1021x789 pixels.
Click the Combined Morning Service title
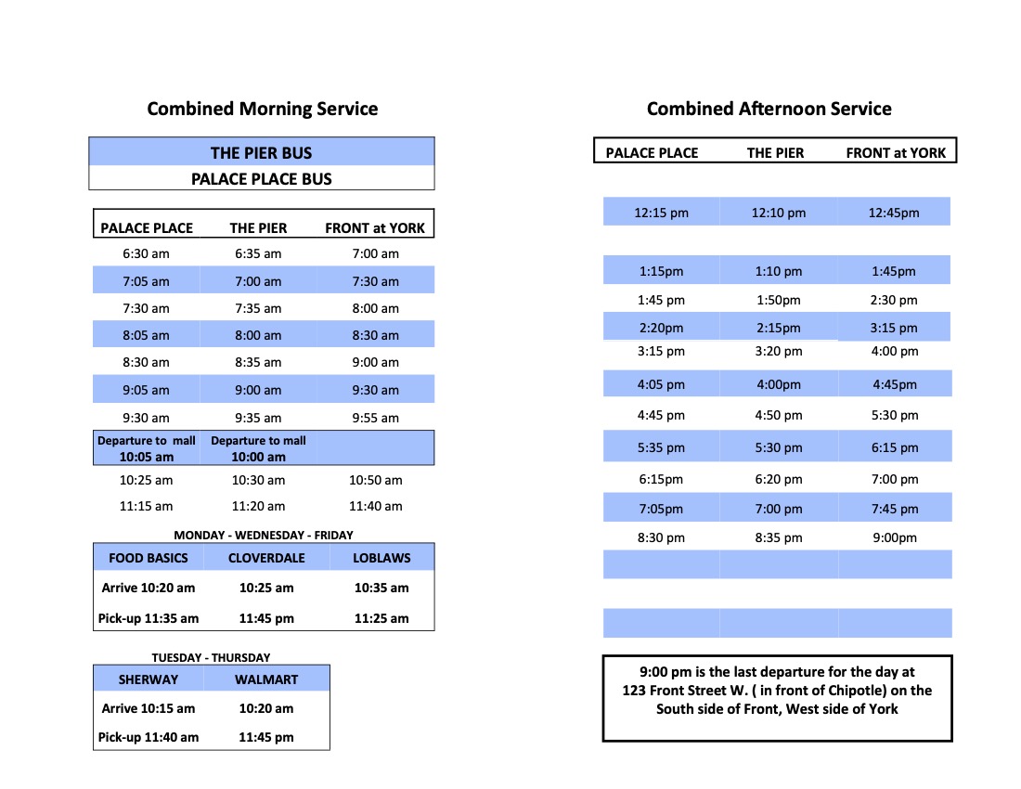[263, 109]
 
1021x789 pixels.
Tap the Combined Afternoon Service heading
[769, 109]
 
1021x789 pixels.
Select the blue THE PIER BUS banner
[261, 153]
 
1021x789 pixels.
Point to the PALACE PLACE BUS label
[261, 179]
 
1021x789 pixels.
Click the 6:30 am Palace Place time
[147, 253]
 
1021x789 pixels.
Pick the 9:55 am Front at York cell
[376, 418]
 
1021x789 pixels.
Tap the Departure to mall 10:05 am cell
[147, 448]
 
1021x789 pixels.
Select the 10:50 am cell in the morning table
[376, 480]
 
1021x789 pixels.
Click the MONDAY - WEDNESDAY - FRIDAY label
[264, 535]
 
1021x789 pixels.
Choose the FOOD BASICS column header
[149, 558]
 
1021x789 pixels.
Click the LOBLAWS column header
[381, 558]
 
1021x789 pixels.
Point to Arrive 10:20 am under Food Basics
[149, 588]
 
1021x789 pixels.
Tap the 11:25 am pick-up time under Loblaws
[381, 618]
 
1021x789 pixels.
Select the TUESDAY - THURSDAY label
[212, 657]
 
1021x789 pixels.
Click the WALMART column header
[266, 679]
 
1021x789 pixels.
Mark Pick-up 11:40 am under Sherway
[149, 737]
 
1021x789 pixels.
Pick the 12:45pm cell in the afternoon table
[894, 213]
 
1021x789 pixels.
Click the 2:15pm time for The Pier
[779, 328]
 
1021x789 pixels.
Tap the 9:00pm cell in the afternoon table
[894, 537]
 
